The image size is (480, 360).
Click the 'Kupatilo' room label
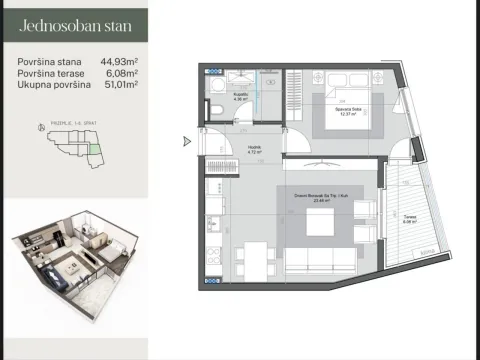coord(240,96)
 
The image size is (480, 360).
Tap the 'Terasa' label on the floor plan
coord(410,219)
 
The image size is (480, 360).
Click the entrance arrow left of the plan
coord(186,141)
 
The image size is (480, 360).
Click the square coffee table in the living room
coord(320,229)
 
